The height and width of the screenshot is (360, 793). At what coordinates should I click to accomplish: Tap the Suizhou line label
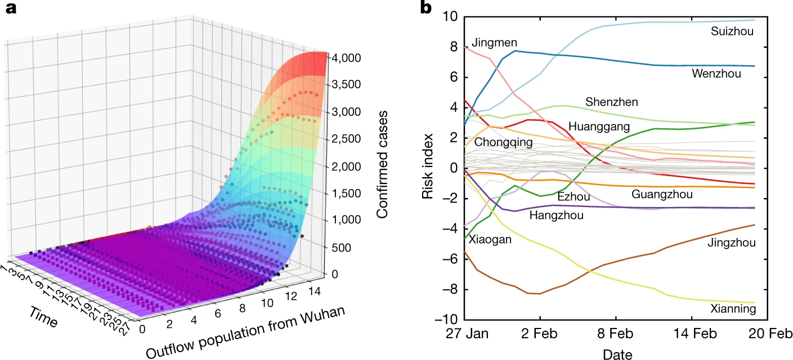[x=731, y=32]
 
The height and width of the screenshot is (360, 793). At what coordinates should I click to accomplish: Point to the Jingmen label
[x=494, y=42]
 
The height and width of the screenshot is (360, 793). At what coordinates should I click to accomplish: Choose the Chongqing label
[x=503, y=142]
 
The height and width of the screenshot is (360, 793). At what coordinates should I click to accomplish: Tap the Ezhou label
[x=574, y=197]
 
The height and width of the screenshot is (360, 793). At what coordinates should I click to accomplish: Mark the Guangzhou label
[x=662, y=195]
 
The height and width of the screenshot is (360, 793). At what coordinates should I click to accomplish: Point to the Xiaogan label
[x=490, y=239]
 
